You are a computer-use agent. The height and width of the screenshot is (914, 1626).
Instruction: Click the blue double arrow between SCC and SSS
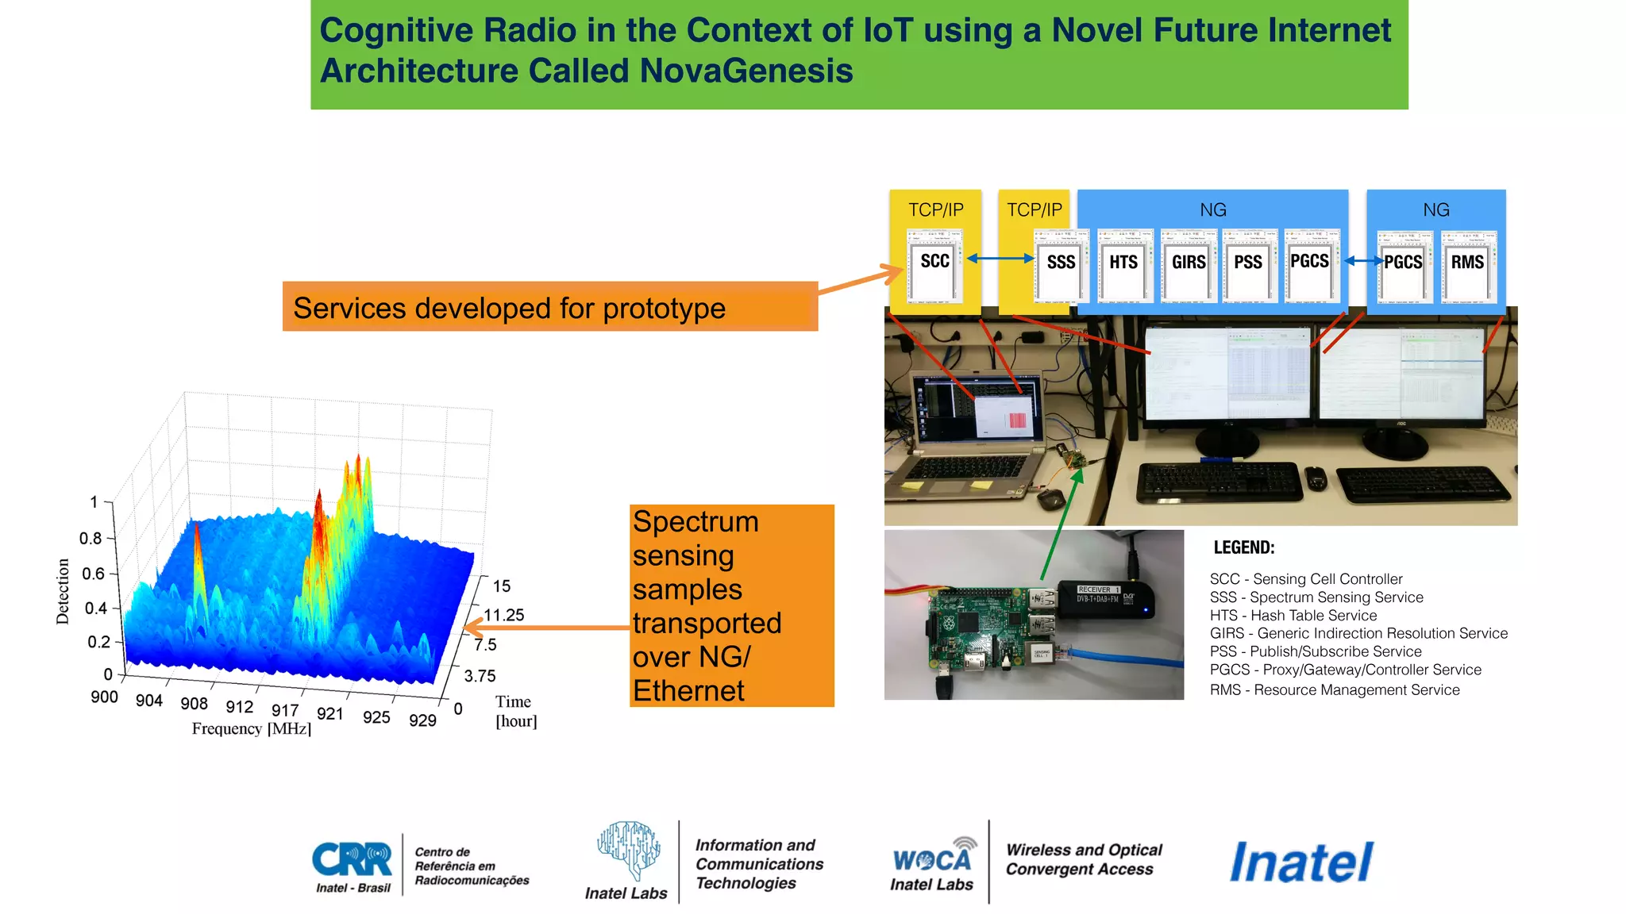pyautogui.click(x=1000, y=259)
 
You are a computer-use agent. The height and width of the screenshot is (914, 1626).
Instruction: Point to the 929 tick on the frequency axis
pyautogui.click(x=422, y=720)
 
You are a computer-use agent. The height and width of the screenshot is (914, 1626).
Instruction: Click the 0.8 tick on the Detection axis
pyautogui.click(x=91, y=539)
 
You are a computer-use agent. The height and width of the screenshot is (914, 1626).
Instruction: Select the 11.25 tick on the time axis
pyautogui.click(x=504, y=615)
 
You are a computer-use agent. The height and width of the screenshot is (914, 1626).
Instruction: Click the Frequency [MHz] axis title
pyautogui.click(x=252, y=728)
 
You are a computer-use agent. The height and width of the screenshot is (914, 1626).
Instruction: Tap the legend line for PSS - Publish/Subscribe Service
pyautogui.click(x=1315, y=651)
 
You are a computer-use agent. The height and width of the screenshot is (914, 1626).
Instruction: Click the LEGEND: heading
pyautogui.click(x=1243, y=547)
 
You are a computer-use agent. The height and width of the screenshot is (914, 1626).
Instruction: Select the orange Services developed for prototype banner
pyautogui.click(x=549, y=307)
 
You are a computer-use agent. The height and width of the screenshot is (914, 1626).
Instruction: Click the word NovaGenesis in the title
pyautogui.click(x=746, y=71)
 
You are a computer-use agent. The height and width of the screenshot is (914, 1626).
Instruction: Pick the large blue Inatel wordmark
pyautogui.click(x=1301, y=862)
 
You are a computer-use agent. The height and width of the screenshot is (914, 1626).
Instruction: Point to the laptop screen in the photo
pyautogui.click(x=977, y=409)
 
